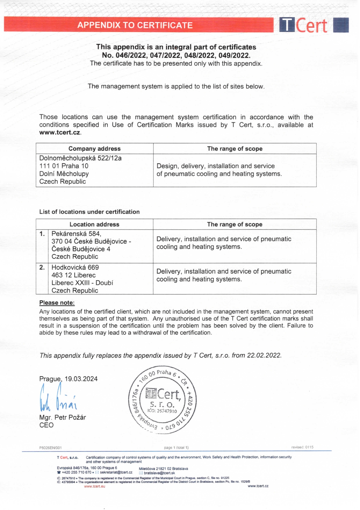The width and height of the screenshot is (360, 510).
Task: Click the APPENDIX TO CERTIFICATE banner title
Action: (x=135, y=25)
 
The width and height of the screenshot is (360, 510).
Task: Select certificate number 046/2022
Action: (x=131, y=55)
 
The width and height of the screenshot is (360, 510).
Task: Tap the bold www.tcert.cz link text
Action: (x=60, y=133)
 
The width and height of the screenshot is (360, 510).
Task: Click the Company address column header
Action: (x=94, y=149)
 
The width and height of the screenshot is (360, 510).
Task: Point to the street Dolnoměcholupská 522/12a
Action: (x=80, y=158)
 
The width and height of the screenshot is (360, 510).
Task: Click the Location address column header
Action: (x=94, y=224)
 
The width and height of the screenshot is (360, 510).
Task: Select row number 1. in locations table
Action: (x=42, y=234)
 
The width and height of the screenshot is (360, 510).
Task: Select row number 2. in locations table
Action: (x=42, y=267)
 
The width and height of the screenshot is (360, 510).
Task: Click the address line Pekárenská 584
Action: (x=76, y=234)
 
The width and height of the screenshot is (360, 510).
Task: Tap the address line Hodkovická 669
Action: (x=75, y=267)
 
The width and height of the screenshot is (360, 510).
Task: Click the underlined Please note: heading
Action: (x=57, y=303)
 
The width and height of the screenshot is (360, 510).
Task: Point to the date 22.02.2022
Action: (x=264, y=355)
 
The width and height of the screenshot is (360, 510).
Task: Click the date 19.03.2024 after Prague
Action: (x=81, y=379)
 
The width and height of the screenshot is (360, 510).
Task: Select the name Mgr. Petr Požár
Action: (x=63, y=418)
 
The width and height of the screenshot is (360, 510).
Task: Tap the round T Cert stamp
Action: (x=162, y=400)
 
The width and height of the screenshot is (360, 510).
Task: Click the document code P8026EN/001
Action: (x=51, y=448)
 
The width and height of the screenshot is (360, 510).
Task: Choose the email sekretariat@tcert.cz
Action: (x=116, y=473)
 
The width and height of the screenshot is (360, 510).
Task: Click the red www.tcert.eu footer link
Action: (x=95, y=486)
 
